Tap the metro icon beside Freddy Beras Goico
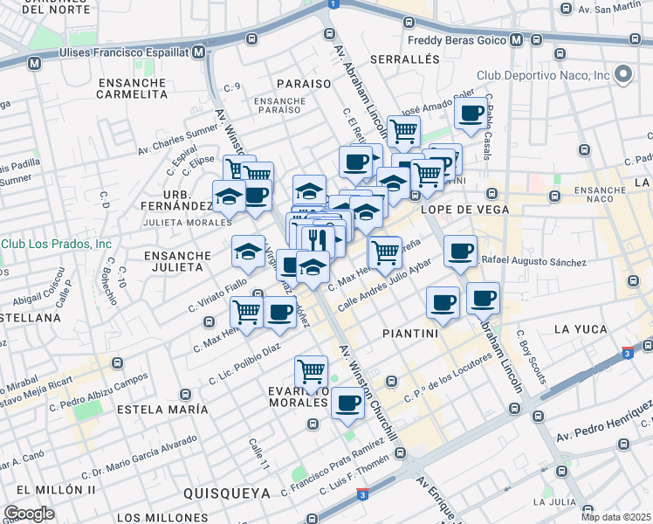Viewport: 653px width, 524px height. pos(516,40)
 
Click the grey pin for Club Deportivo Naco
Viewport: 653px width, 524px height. pos(623,75)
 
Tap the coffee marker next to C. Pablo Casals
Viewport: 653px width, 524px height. pos(471,114)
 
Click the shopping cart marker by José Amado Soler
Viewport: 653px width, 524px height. pos(403,131)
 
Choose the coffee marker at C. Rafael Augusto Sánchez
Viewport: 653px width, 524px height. pos(460,252)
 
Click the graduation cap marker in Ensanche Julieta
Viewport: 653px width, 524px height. pos(248,252)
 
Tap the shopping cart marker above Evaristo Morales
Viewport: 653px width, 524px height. pos(311,371)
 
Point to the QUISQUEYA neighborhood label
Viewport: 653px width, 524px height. pos(227,493)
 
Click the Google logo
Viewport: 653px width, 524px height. pos(29,514)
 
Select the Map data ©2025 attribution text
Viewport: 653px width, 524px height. pos(615,516)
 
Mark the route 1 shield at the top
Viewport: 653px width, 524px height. pos(332,4)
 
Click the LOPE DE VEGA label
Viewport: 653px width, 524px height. pos(453,210)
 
